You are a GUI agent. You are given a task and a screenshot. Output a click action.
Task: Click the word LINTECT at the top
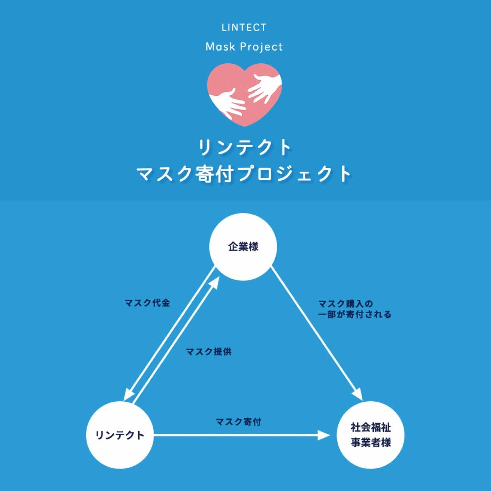[x=244, y=27]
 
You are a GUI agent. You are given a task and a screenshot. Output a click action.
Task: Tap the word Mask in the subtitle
[x=220, y=47]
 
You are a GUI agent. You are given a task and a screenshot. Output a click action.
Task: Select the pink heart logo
[x=244, y=94]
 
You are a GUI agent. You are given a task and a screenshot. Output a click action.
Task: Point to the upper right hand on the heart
[x=264, y=88]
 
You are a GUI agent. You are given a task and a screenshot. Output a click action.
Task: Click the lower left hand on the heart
[x=228, y=103]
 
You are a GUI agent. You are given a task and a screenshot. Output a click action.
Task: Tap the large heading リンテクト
[x=244, y=147]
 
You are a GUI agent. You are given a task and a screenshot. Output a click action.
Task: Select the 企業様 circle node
[x=243, y=247]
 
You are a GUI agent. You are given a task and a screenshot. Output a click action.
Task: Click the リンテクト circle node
[x=120, y=435]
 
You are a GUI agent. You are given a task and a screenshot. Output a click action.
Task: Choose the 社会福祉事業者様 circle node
[x=371, y=435]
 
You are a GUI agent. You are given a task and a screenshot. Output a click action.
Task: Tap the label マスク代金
[x=147, y=303]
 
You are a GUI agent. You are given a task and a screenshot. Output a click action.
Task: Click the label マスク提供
[x=208, y=352]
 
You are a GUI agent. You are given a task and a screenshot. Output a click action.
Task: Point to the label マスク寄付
[x=239, y=422]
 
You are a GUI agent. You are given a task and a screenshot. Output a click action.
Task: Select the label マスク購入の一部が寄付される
[x=355, y=309]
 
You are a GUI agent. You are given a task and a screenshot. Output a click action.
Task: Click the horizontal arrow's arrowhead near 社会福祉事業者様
[x=323, y=435]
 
